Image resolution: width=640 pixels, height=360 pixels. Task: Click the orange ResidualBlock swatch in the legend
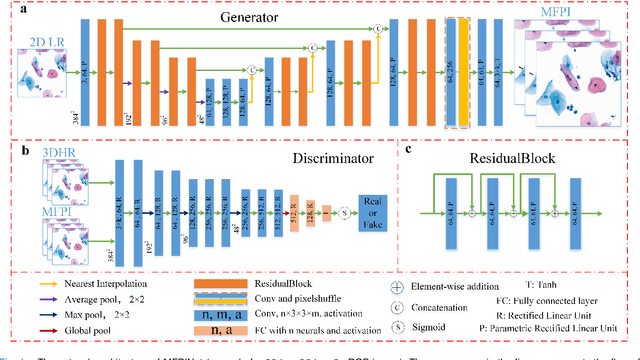pyautogui.click(x=226, y=283)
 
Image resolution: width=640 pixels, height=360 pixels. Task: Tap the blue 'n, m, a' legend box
pyautogui.click(x=226, y=311)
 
